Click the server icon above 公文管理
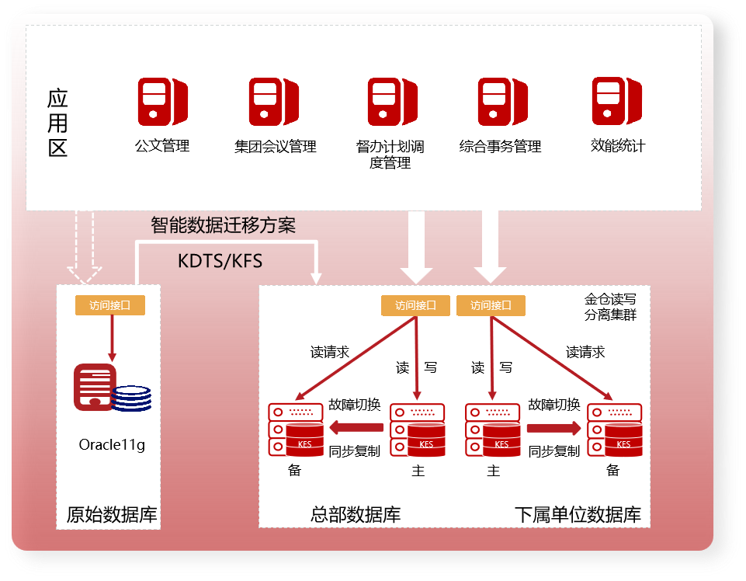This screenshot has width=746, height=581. [x=163, y=102]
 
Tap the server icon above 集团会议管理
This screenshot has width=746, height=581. [x=274, y=102]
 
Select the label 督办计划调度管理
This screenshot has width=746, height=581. [x=390, y=155]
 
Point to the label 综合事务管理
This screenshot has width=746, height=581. [x=500, y=146]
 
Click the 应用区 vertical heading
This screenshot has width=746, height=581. [x=57, y=123]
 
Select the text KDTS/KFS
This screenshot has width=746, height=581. [x=220, y=261]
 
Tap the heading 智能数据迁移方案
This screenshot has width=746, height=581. [x=224, y=226]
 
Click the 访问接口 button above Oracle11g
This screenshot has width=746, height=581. [x=110, y=305]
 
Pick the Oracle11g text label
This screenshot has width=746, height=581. [x=112, y=445]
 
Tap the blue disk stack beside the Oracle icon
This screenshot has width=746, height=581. [x=131, y=398]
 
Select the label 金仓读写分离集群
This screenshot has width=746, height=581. [x=610, y=307]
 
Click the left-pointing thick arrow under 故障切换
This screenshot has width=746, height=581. [x=356, y=427]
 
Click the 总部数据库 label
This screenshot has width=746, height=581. [x=356, y=514]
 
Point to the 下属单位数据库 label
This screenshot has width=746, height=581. [x=578, y=514]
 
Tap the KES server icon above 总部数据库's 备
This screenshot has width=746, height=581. [x=296, y=429]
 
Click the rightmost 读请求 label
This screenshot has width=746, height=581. [x=585, y=352]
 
